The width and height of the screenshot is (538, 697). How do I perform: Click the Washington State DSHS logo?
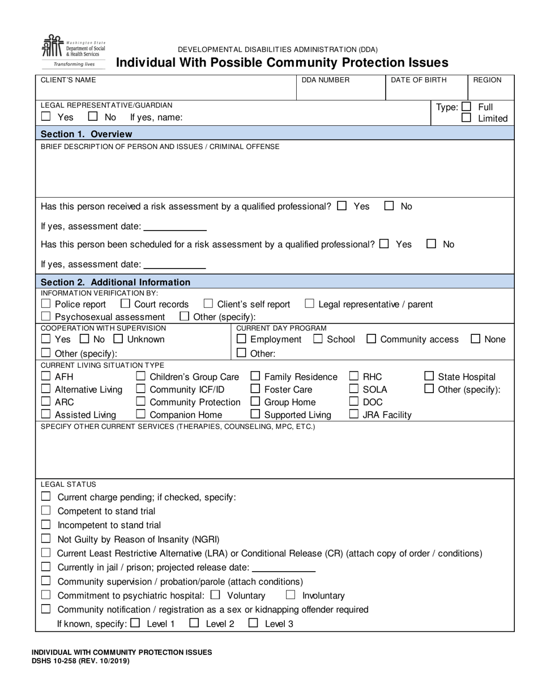(x=73, y=51)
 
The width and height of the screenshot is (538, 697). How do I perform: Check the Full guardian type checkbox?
(x=466, y=107)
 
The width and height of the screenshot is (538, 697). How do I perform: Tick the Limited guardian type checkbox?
(x=466, y=118)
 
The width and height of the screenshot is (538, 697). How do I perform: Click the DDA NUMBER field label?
(x=326, y=80)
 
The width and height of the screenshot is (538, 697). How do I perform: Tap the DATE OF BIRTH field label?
(x=419, y=80)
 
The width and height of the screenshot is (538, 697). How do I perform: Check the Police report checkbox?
(x=46, y=304)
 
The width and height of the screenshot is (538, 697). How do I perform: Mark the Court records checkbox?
(x=125, y=304)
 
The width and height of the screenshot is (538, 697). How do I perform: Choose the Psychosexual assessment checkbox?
(x=46, y=316)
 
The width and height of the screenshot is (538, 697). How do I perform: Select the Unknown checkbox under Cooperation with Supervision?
(x=118, y=339)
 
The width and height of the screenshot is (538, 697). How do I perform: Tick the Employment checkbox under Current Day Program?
(x=241, y=339)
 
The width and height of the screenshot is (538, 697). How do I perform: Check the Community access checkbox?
(x=371, y=339)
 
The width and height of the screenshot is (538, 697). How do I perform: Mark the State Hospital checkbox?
(x=429, y=376)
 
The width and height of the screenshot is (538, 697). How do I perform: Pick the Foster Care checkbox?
(x=255, y=389)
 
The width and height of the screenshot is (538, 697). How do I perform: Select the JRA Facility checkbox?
(x=353, y=414)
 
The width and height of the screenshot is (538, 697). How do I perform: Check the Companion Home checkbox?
(x=140, y=414)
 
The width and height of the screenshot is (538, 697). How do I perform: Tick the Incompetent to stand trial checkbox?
(x=46, y=525)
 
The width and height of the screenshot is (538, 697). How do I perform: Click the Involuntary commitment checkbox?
(x=291, y=595)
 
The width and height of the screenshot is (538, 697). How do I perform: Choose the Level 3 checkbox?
(x=253, y=623)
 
